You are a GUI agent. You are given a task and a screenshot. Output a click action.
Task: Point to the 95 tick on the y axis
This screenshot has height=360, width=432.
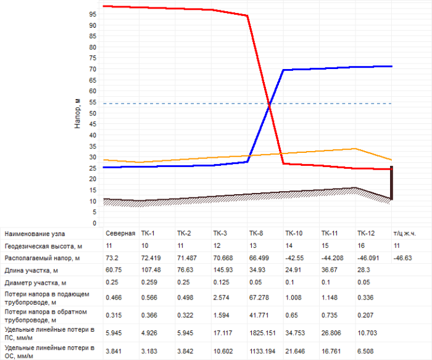(94, 14)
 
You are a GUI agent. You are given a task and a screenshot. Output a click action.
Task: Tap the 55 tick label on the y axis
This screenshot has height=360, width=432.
(94, 102)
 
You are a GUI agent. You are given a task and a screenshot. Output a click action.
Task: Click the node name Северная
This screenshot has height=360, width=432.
(120, 234)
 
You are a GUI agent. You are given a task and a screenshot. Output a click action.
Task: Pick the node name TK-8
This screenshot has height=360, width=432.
(256, 234)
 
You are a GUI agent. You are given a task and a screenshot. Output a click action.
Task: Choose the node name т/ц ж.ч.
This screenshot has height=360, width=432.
(404, 234)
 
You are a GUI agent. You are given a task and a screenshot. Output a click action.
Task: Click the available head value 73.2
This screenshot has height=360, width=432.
(112, 257)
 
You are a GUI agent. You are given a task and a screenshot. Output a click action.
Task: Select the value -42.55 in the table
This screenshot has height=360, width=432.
(294, 257)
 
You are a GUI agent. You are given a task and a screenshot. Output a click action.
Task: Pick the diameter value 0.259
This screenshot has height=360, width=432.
(149, 283)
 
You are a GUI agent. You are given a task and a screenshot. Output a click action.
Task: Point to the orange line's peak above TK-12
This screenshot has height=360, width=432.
(355, 149)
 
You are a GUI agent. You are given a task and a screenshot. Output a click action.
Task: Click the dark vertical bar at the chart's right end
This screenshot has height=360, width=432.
(392, 182)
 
